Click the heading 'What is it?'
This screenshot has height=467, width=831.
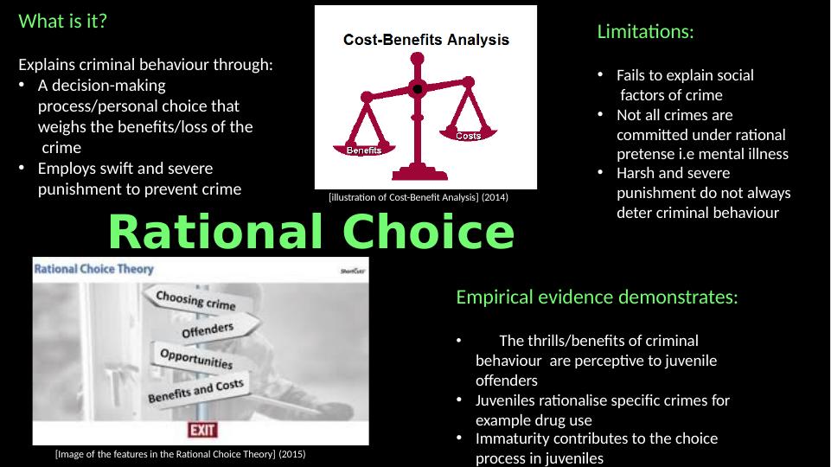pyautogui.click(x=62, y=22)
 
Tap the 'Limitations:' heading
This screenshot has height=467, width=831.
pyautogui.click(x=645, y=32)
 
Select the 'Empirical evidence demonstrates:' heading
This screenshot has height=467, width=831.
pyautogui.click(x=597, y=297)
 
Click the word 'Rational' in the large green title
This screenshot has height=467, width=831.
pyautogui.click(x=215, y=232)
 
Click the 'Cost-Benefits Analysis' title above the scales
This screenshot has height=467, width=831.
pyautogui.click(x=426, y=40)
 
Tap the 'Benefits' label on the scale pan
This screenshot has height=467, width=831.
pyautogui.click(x=364, y=150)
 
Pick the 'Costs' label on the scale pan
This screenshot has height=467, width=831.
pyautogui.click(x=469, y=137)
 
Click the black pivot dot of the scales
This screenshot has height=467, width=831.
pyautogui.click(x=418, y=89)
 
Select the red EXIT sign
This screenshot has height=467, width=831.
pyautogui.click(x=202, y=429)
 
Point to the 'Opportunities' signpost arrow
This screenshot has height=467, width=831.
pyautogui.click(x=197, y=359)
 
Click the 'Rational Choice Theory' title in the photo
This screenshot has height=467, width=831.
pyautogui.click(x=93, y=269)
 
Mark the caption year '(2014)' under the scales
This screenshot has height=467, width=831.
pyautogui.click(x=495, y=197)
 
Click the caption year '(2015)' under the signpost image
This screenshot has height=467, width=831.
pyautogui.click(x=292, y=454)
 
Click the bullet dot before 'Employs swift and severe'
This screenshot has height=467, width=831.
pyautogui.click(x=22, y=168)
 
